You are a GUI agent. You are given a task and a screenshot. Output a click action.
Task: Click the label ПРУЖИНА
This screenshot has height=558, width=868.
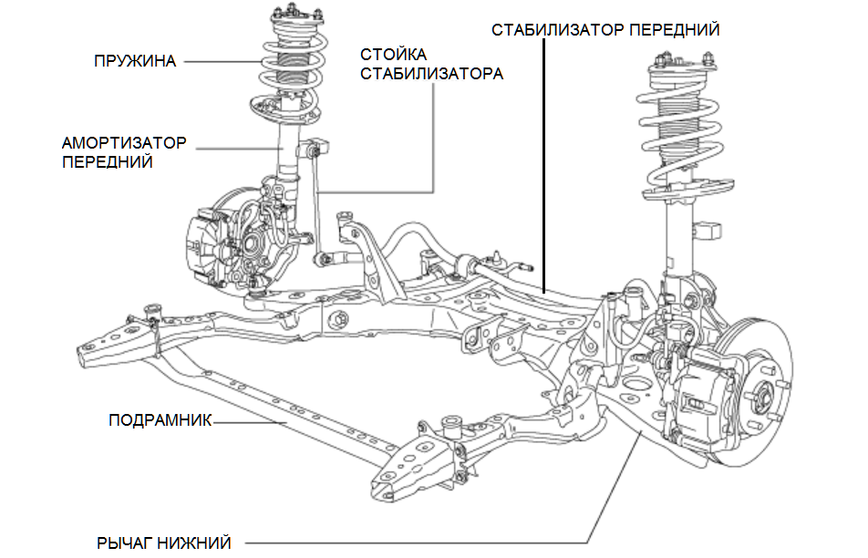point(135,61)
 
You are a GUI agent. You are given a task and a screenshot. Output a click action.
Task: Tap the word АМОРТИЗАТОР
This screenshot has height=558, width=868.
point(124,144)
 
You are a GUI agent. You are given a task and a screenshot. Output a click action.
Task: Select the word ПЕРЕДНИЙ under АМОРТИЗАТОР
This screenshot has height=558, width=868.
point(108,162)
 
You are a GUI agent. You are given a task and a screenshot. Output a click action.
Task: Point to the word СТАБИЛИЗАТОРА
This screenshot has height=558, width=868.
point(431,73)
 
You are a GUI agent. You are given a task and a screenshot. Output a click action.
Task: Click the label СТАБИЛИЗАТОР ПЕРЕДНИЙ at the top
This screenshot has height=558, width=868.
point(605,29)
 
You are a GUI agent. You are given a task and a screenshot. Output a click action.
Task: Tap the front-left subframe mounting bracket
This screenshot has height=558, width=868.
point(114,339)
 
